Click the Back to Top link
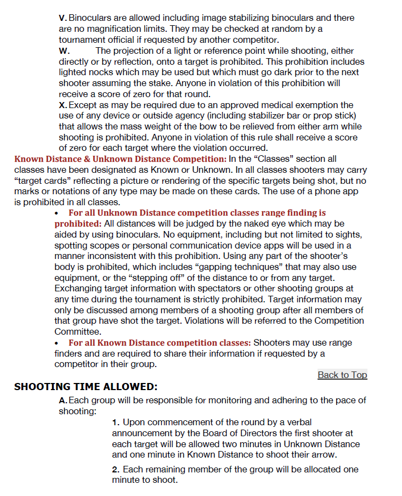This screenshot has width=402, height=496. (342, 375)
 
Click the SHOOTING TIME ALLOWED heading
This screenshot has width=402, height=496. (86, 387)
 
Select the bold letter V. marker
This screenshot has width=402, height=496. (63, 19)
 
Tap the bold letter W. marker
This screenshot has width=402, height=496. (64, 51)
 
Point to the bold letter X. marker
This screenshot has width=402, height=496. (63, 105)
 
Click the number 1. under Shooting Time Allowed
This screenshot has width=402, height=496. (116, 422)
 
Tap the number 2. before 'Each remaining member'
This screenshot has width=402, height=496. (116, 470)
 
